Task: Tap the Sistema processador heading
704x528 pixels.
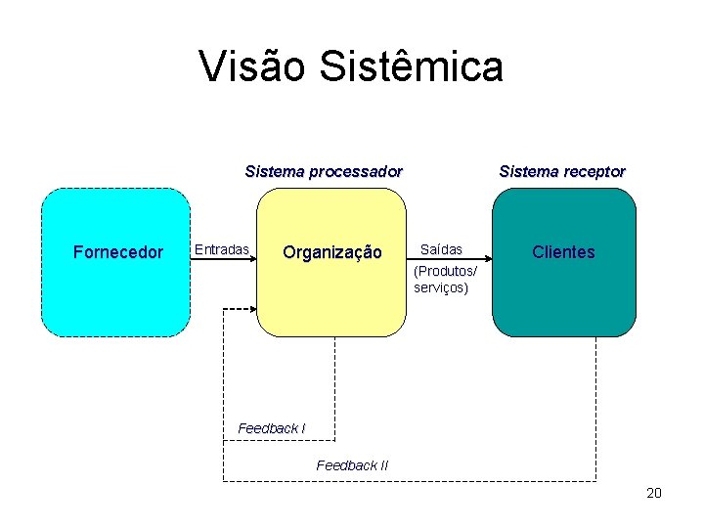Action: pos(323,171)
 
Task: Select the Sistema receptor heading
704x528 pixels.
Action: pos(562,171)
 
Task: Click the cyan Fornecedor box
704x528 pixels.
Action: pos(116,293)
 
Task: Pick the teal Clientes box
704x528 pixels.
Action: pos(563,298)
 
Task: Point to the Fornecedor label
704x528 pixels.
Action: pos(118,252)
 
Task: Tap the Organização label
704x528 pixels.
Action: pos(331,252)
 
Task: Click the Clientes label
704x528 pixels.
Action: pos(563,252)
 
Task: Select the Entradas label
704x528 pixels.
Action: pos(221,249)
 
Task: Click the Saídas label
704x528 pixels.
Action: pos(441,249)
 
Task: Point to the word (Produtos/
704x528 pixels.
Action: pos(446,271)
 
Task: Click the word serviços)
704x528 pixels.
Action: pos(441,287)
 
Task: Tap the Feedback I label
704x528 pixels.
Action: pos(272,428)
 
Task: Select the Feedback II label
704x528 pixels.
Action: pos(352,465)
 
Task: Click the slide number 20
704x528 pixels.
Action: pos(654,493)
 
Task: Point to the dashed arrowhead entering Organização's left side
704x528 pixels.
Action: pos(251,309)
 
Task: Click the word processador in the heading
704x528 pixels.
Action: pos(355,171)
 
